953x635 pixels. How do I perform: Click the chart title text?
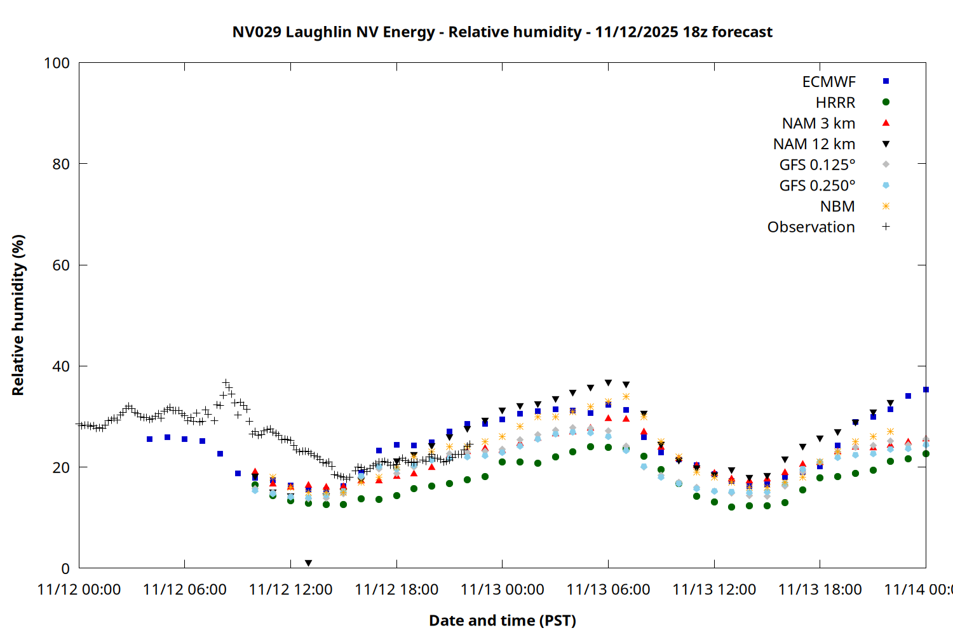click(x=502, y=32)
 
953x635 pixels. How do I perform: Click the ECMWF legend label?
click(x=828, y=82)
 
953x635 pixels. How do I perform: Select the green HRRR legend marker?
click(x=886, y=102)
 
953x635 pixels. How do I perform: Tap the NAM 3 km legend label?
click(x=818, y=123)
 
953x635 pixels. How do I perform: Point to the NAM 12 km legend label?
click(x=814, y=144)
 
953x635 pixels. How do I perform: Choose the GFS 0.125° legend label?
click(x=817, y=165)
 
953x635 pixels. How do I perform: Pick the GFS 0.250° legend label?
click(x=817, y=185)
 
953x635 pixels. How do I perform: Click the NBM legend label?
click(x=837, y=206)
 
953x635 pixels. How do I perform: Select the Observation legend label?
click(x=811, y=227)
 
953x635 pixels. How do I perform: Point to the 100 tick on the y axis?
click(x=57, y=63)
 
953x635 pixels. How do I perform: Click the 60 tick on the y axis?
click(x=61, y=265)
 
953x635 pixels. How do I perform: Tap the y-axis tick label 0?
click(x=65, y=568)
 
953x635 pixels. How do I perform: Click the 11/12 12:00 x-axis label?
click(x=290, y=590)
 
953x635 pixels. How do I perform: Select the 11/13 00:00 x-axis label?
click(x=502, y=590)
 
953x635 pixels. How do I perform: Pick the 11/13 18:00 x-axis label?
click(x=820, y=590)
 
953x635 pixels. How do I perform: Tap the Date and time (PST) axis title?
click(x=502, y=620)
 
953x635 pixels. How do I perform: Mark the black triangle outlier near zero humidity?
click(x=308, y=563)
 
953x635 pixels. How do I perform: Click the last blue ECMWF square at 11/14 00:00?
click(x=926, y=389)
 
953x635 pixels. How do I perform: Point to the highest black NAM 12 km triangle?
click(x=608, y=383)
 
